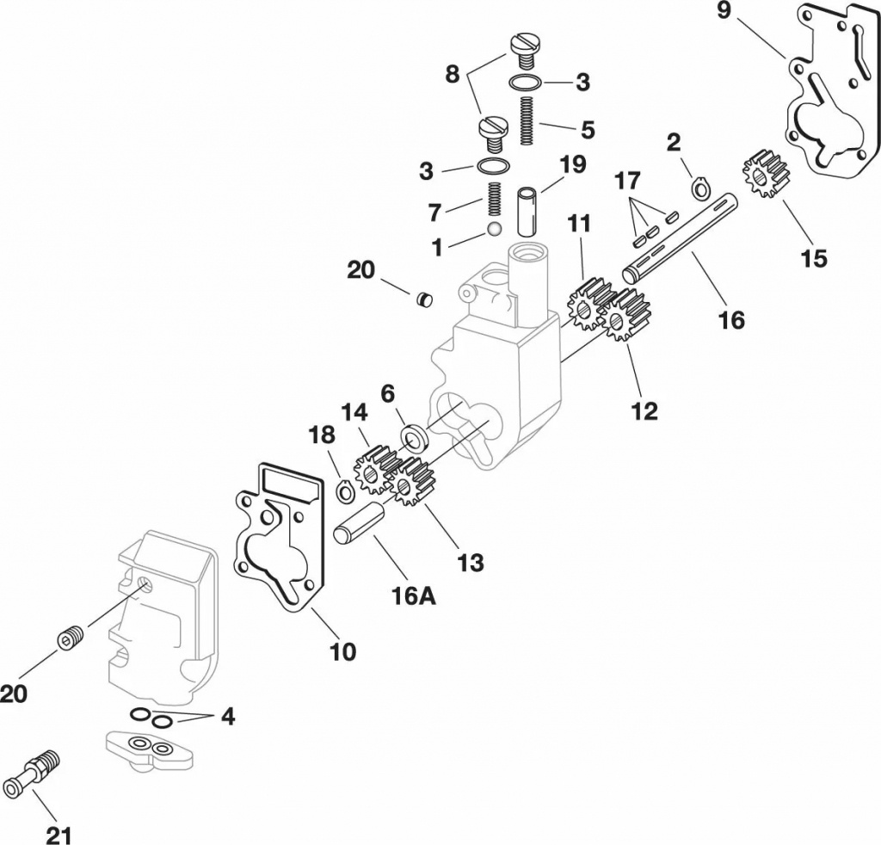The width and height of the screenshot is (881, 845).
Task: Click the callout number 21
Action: click(x=59, y=835)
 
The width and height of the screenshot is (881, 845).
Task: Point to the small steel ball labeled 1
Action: click(x=494, y=229)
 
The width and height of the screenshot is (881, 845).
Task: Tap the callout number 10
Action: click(x=342, y=651)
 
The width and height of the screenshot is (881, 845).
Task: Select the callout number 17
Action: click(x=627, y=182)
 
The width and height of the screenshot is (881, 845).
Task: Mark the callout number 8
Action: click(x=452, y=74)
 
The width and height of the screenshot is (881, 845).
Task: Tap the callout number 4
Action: click(x=228, y=716)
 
